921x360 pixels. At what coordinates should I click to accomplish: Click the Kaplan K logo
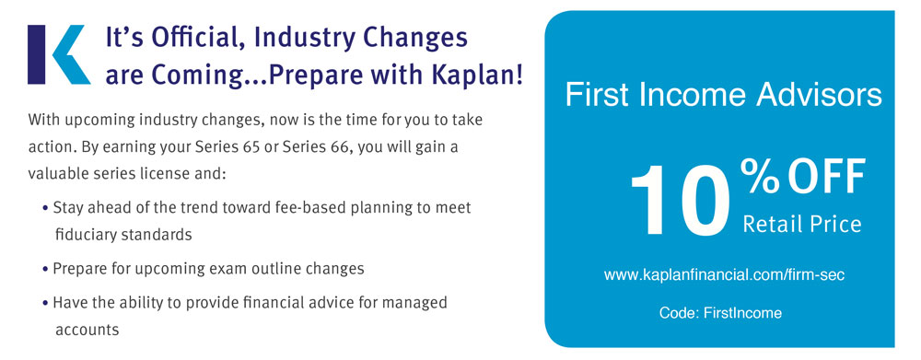(x=59, y=54)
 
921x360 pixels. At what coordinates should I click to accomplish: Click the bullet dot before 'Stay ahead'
(x=46, y=208)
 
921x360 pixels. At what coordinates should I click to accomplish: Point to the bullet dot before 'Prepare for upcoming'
(x=46, y=270)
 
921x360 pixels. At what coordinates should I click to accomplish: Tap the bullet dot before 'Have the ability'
(x=46, y=304)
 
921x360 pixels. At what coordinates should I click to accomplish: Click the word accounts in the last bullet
(x=87, y=330)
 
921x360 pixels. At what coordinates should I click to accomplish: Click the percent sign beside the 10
(x=760, y=176)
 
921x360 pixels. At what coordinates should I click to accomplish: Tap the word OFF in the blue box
(x=826, y=176)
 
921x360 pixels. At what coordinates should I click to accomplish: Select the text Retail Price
(x=802, y=224)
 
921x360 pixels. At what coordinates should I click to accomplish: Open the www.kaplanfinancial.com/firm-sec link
(x=724, y=274)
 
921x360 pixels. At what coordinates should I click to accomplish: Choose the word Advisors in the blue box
(x=819, y=95)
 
